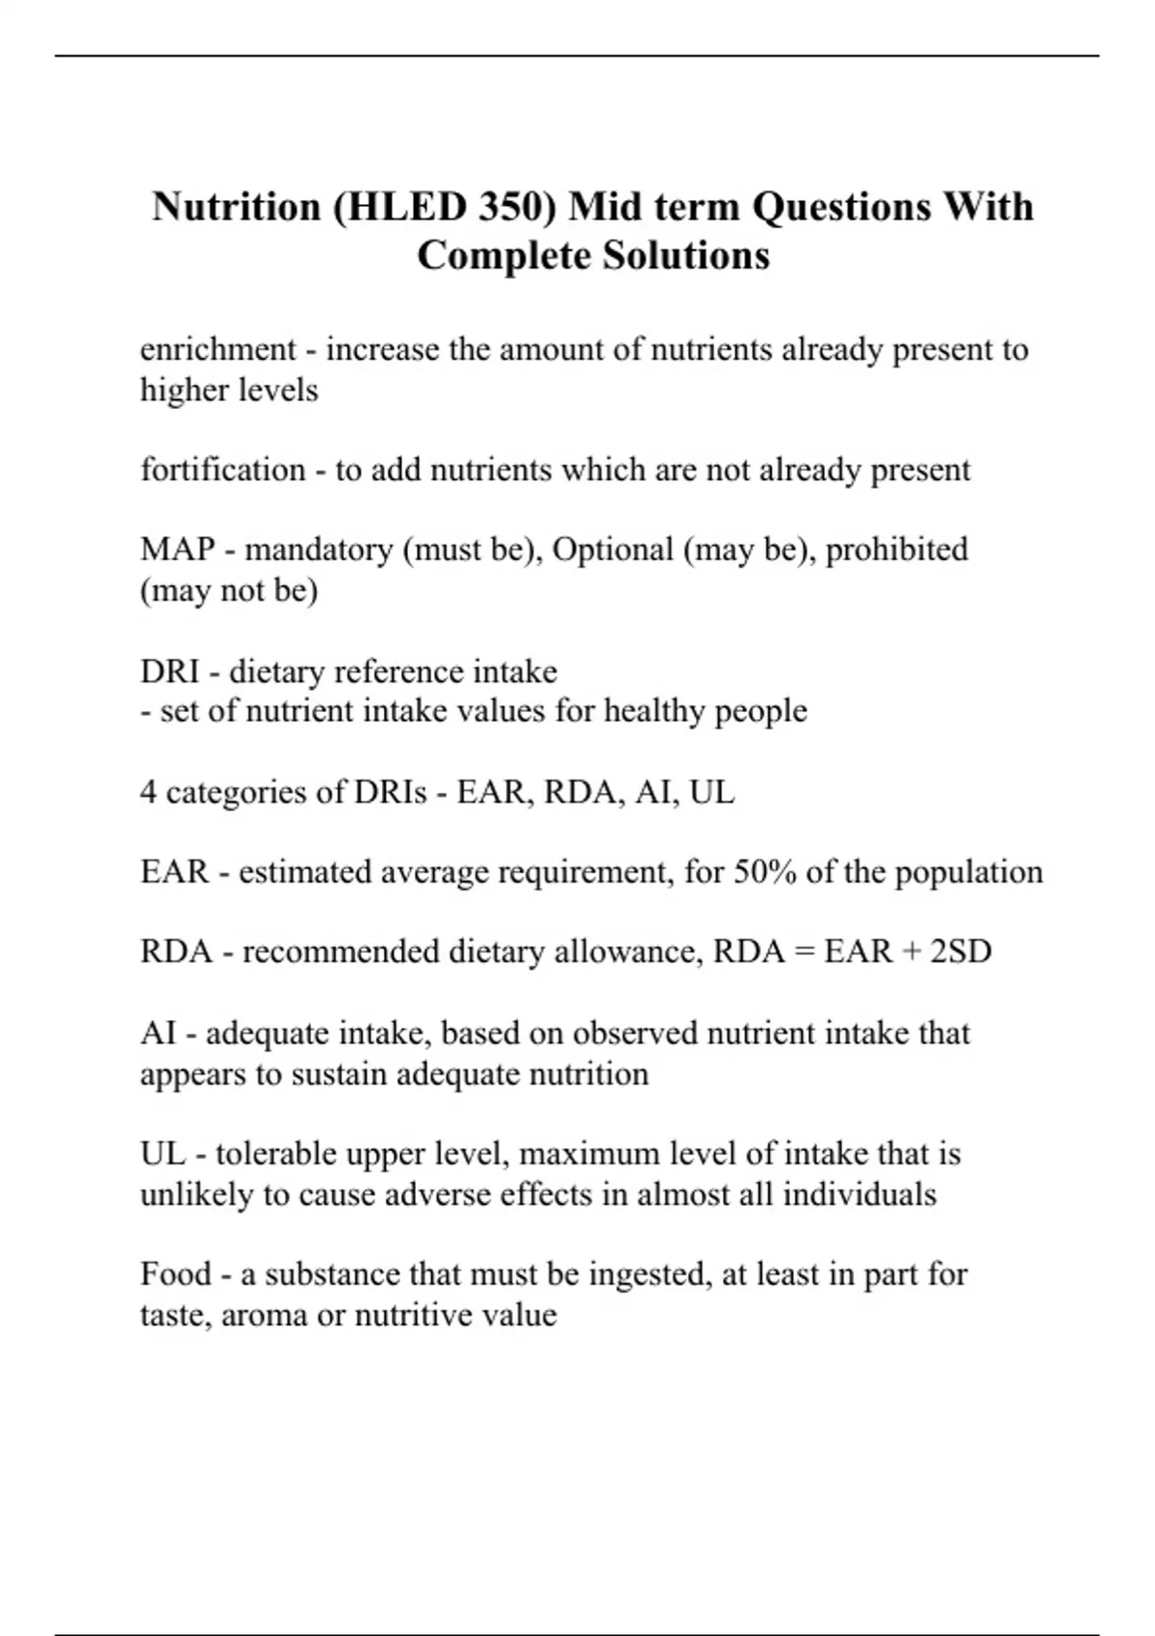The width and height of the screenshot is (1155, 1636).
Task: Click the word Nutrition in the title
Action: coord(236,207)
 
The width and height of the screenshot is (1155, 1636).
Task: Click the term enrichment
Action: coord(218,349)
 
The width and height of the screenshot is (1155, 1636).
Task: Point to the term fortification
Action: coord(222,470)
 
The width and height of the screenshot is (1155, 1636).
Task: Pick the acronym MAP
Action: coord(177,550)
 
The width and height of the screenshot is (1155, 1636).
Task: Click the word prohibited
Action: coord(896,550)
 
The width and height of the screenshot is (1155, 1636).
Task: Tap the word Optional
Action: coord(612,550)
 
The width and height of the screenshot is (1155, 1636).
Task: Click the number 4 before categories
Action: coord(148,792)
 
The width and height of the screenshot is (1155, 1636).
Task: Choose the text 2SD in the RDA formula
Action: coord(960,952)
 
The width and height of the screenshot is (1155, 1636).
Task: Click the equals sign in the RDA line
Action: coord(804,952)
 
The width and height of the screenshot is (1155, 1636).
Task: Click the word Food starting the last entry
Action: coord(174,1274)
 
